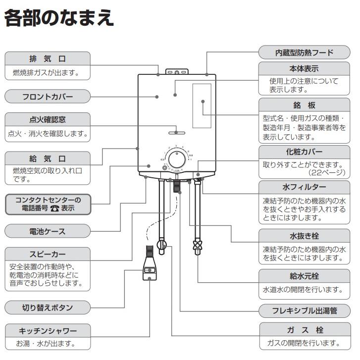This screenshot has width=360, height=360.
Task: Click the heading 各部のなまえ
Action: [59, 18]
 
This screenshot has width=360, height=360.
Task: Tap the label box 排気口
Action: [48, 58]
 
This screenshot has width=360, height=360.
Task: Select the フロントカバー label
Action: [48, 97]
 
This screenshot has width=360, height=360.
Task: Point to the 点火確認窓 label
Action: [48, 119]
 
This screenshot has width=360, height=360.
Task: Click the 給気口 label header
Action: [48, 158]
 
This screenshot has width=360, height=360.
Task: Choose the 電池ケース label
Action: [48, 231]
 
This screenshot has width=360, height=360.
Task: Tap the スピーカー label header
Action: [48, 255]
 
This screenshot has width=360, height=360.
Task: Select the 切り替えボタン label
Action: [48, 308]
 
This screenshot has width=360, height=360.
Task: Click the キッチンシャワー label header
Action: [48, 330]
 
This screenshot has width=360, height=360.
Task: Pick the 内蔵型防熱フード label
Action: [304, 52]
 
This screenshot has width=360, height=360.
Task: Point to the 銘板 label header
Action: [304, 105]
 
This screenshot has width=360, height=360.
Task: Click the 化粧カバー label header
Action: [304, 152]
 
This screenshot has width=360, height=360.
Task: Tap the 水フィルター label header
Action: [304, 187]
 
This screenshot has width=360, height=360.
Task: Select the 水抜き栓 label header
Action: [304, 236]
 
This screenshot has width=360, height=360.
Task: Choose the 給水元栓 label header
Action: [304, 275]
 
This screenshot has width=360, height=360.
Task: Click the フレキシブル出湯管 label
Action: [304, 311]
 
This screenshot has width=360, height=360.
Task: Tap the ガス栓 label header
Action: [304, 330]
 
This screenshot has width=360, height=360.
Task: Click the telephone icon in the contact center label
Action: [54, 208]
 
